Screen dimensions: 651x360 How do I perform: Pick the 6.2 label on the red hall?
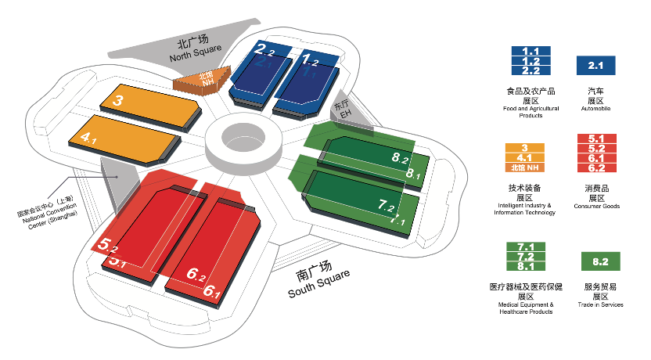(197, 274)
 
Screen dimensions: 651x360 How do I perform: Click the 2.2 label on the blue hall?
(264, 51)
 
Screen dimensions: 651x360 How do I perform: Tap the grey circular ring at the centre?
(243, 141)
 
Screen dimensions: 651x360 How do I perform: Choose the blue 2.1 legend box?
(596, 65)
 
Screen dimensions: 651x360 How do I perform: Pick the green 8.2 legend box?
(601, 261)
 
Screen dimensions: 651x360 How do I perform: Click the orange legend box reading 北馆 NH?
(525, 167)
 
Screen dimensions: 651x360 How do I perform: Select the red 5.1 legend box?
(596, 139)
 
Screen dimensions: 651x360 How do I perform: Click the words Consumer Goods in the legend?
(596, 205)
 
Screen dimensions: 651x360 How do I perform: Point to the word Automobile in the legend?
(596, 108)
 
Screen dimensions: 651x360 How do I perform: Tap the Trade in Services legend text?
(601, 304)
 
